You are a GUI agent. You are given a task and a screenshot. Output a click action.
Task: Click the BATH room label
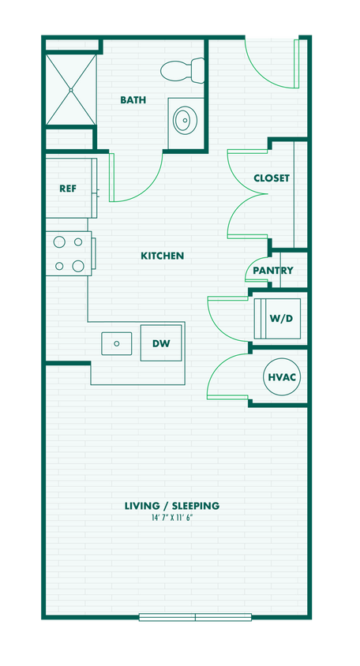[133, 100]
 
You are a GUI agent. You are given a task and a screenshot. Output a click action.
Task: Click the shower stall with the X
[69, 89]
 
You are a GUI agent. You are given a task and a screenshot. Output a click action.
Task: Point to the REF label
[68, 189]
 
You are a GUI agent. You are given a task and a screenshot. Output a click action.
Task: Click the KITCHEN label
[162, 256]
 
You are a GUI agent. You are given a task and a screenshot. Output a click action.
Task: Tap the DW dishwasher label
[161, 344]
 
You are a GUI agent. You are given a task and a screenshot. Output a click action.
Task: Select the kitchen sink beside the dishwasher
[117, 343]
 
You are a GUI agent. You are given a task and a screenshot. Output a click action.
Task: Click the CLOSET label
[271, 178]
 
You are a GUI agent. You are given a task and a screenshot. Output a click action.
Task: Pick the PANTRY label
[273, 271]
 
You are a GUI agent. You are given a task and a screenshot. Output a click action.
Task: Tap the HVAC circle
[282, 377]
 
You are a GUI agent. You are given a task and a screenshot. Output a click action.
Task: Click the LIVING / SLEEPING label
[171, 506]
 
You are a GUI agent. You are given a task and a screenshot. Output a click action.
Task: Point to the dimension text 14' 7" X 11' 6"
[171, 517]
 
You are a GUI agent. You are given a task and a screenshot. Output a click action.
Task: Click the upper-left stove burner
[58, 243]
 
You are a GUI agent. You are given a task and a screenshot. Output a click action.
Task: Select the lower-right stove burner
[78, 266]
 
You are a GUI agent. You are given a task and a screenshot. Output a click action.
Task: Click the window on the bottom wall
[195, 617]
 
